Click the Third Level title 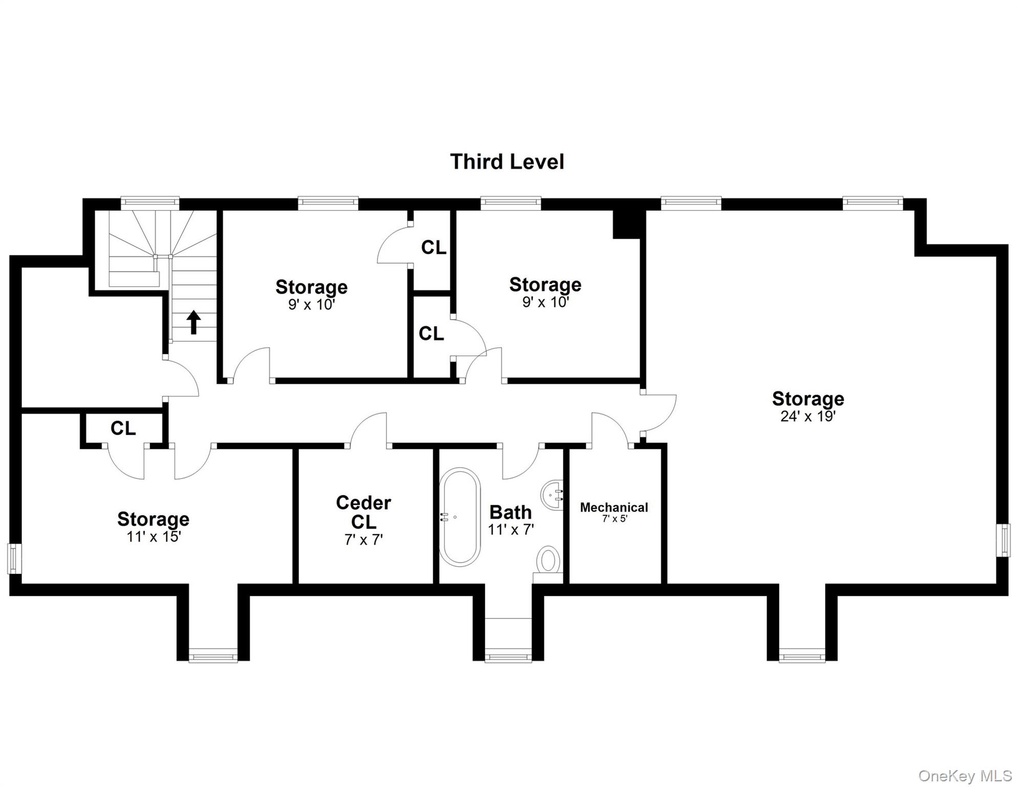[507, 162]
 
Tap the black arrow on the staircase [194, 322]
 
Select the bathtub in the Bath [459, 516]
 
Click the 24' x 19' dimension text [808, 417]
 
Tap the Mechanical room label [614, 507]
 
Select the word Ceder [363, 503]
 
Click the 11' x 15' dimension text [154, 536]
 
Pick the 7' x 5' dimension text [614, 519]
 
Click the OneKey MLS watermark [965, 776]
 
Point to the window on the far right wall [1003, 540]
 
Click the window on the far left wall [14, 558]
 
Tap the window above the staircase [150, 203]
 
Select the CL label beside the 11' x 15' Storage [123, 428]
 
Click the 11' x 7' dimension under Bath [511, 530]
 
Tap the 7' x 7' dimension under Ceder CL [364, 540]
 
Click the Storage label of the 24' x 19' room [808, 399]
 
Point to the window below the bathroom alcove [508, 657]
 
